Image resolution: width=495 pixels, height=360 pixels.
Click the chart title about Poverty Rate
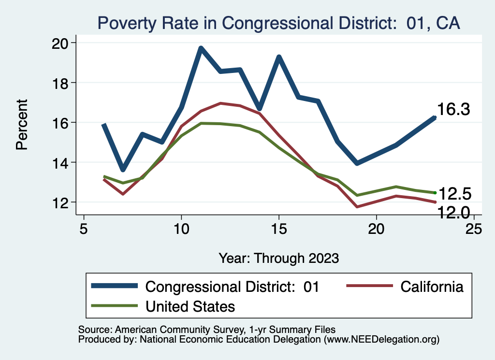278,23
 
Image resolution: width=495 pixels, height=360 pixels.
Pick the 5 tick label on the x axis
84,228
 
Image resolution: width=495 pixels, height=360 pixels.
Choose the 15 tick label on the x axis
279,228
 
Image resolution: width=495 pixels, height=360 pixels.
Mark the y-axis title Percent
22,124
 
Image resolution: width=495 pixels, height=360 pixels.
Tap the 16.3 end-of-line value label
454,110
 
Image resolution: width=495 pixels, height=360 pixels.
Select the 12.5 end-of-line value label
454,194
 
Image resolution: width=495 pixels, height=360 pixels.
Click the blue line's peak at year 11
201,48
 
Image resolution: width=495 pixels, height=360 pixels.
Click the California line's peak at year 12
220,103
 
